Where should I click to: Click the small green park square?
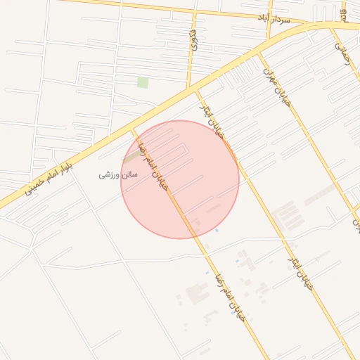tap(143, 83)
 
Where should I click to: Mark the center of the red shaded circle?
tap(180, 179)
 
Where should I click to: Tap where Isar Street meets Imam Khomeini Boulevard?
tap(195, 90)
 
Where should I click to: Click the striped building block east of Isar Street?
tap(319, 195)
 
